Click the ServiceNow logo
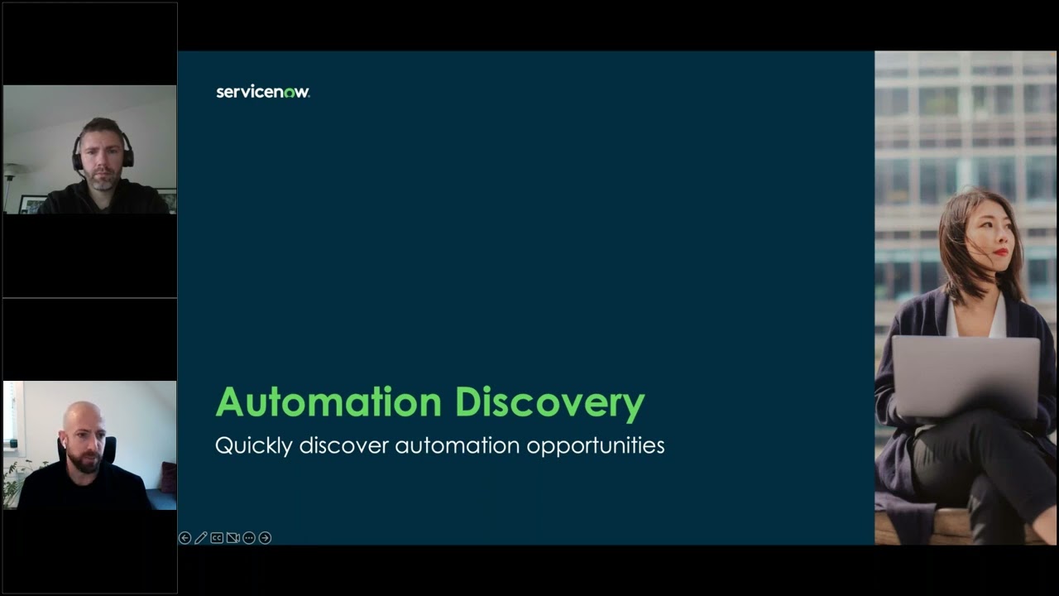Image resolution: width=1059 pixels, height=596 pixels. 263,91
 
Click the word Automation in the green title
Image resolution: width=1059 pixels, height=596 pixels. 328,402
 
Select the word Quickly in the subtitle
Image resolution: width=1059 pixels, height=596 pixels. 253,445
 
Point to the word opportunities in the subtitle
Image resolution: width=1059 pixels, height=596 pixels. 595,445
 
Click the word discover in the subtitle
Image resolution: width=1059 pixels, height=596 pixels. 343,445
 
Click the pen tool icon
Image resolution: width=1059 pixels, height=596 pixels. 201,538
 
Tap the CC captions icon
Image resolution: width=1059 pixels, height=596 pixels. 217,538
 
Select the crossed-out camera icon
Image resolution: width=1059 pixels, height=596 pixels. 233,538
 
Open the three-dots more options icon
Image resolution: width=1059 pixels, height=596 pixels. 249,538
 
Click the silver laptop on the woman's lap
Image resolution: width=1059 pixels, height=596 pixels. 966,376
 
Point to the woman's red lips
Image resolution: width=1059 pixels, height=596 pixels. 1000,252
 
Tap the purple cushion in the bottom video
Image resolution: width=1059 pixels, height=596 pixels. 168,477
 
